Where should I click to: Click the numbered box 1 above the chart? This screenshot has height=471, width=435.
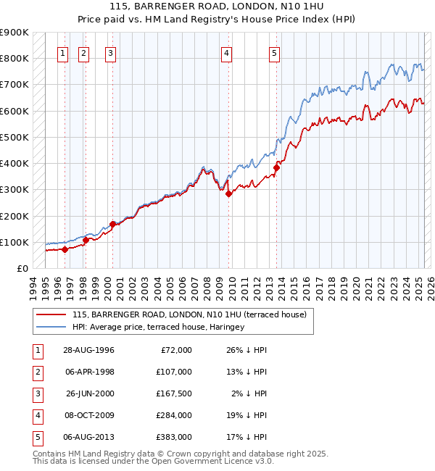[64, 52]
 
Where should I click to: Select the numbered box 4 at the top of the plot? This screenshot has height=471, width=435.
[227, 52]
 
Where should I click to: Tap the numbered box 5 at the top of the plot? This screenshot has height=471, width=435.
[275, 52]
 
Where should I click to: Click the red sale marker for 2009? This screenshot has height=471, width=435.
[228, 193]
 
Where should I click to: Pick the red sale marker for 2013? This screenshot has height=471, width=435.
[276, 168]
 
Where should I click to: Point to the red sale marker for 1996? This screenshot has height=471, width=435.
[65, 249]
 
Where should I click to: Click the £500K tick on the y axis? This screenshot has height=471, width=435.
[14, 137]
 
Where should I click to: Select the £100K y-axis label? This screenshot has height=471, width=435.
[14, 242]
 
